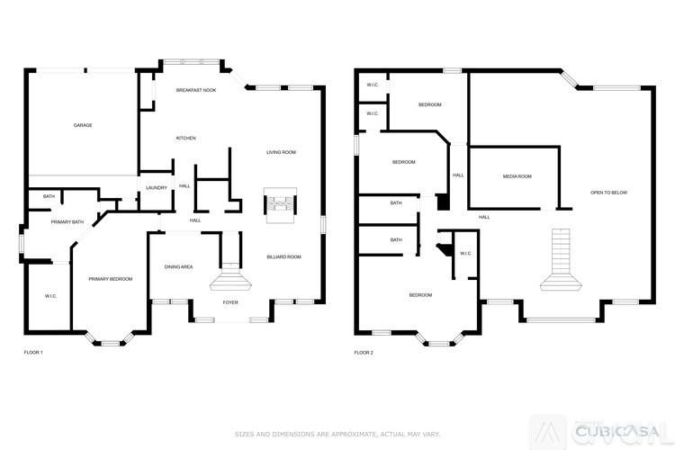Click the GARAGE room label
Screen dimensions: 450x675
pyautogui.click(x=83, y=125)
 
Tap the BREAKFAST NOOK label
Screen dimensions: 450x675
pyautogui.click(x=195, y=91)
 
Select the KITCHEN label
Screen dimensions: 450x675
pyautogui.click(x=185, y=138)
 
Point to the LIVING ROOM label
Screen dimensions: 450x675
pyautogui.click(x=281, y=152)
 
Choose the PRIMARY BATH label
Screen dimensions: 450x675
pyautogui.click(x=67, y=221)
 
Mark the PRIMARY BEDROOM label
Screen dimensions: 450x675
pyautogui.click(x=110, y=279)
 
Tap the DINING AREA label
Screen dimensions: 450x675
pyautogui.click(x=178, y=266)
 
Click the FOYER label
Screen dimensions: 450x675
pyautogui.click(x=230, y=302)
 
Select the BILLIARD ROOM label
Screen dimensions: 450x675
pyautogui.click(x=283, y=256)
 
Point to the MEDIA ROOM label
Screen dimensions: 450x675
pyautogui.click(x=517, y=176)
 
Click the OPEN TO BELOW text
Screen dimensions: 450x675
pyautogui.click(x=608, y=193)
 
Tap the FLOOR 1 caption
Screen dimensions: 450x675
pyautogui.click(x=32, y=352)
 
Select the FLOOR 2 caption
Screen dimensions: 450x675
pyautogui.click(x=364, y=352)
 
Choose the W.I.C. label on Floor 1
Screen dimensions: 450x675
pyautogui.click(x=51, y=295)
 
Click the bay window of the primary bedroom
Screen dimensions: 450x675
pyautogui.click(x=110, y=341)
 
